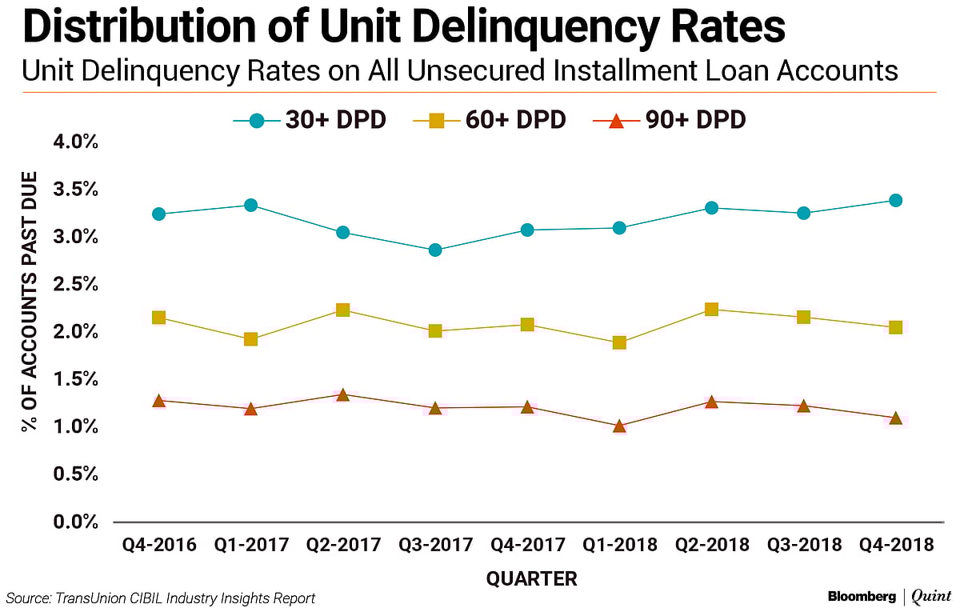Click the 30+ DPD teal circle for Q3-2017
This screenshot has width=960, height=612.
coord(435,250)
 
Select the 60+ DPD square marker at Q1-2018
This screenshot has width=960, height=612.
coord(619,342)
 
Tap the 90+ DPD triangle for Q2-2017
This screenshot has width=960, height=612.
coord(342,394)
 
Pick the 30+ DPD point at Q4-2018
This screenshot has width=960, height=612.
coord(895,200)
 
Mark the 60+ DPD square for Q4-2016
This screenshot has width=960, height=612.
coord(158,318)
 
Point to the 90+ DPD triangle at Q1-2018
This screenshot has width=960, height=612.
coord(619,426)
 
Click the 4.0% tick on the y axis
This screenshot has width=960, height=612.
coord(77,142)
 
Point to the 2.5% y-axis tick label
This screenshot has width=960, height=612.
coord(77,285)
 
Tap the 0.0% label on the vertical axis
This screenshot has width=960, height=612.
coord(77,522)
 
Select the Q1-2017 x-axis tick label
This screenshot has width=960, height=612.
coord(250,546)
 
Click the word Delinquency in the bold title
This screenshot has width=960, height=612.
coord(470,28)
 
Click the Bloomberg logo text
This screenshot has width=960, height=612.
coord(861,597)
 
